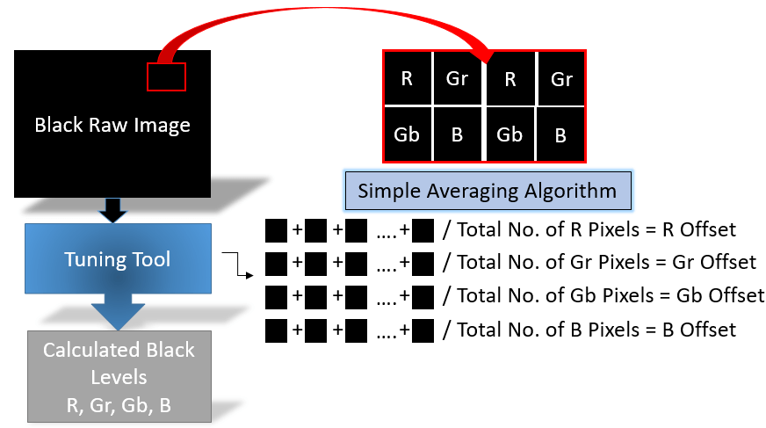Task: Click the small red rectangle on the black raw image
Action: (x=166, y=77)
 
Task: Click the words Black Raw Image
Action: (x=112, y=125)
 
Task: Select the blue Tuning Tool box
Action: (x=118, y=259)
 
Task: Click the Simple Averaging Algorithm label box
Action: (x=487, y=191)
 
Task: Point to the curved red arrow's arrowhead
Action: (x=481, y=61)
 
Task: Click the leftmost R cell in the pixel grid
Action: (x=407, y=78)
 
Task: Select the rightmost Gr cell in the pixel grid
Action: (x=561, y=78)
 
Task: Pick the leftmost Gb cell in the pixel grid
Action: (x=407, y=134)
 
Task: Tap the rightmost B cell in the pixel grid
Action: (x=560, y=135)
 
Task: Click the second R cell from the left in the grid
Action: (x=509, y=78)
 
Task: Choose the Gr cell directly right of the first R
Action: (x=457, y=78)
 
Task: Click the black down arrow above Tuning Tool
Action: (x=113, y=210)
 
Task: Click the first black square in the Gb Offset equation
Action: (x=277, y=296)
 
